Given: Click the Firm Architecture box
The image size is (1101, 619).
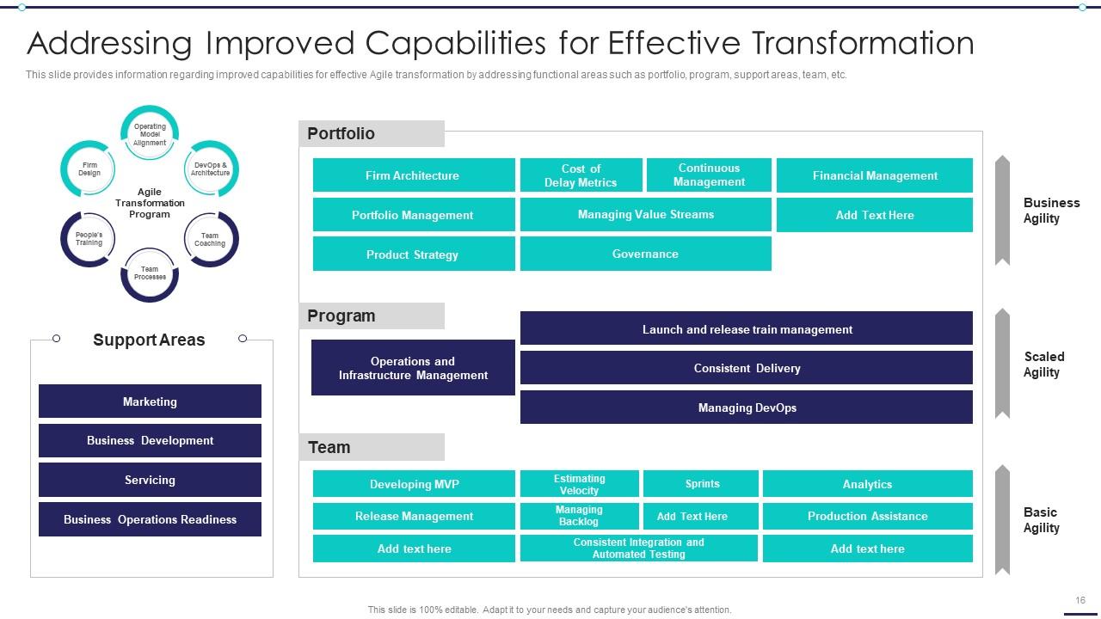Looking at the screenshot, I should [x=414, y=175].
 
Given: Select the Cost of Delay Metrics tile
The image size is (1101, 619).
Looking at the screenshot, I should [x=581, y=175].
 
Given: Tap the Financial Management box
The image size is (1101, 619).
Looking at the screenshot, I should [x=874, y=175].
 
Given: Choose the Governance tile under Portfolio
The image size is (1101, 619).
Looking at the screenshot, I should [x=645, y=254].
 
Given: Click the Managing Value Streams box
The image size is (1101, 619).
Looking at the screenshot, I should [x=645, y=215].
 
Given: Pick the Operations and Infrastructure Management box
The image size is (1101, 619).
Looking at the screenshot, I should [x=413, y=368].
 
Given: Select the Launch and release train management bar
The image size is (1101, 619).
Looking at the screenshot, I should [x=746, y=329].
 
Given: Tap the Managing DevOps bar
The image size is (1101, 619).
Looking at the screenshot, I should [x=746, y=408].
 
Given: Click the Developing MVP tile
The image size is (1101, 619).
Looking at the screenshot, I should [x=414, y=484].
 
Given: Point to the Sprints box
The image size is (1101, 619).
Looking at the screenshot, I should [x=701, y=484].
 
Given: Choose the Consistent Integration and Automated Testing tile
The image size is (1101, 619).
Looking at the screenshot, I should [x=638, y=549].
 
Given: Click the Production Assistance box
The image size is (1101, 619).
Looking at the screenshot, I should [x=867, y=517].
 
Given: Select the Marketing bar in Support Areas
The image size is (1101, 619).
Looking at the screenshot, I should [x=150, y=401].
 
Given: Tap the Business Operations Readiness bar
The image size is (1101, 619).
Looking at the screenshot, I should [x=150, y=519].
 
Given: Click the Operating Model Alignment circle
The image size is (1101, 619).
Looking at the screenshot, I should [x=150, y=135].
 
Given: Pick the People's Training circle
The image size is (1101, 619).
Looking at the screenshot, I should [x=89, y=239].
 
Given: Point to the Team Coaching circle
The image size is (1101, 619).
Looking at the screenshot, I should [x=210, y=239].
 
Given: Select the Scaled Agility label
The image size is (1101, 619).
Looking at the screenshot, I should [x=1043, y=365].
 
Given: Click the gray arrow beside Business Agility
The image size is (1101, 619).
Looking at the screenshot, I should [x=1002, y=211].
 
